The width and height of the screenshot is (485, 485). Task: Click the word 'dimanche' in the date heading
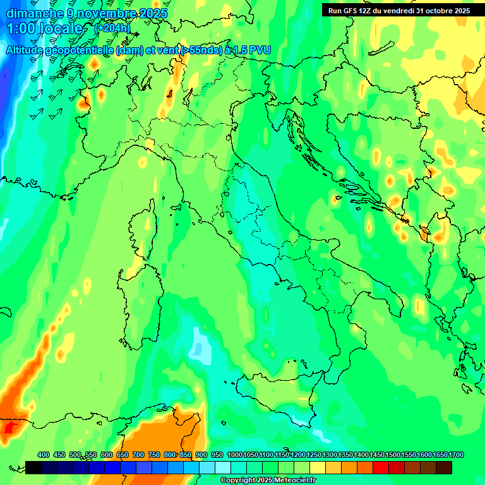(x=35, y=13)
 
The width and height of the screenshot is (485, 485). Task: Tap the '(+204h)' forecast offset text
(x=112, y=28)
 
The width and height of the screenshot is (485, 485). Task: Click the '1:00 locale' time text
(x=44, y=29)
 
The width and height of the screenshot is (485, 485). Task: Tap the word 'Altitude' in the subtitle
(x=31, y=50)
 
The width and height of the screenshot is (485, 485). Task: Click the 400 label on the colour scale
(x=44, y=455)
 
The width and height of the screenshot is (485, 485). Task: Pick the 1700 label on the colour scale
(x=440, y=455)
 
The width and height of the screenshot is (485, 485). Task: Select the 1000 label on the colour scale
(x=235, y=455)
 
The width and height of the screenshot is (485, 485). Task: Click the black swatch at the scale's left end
(x=33, y=467)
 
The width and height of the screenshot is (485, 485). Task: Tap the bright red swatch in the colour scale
(x=381, y=467)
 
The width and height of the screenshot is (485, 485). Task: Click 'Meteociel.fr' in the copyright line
(x=294, y=481)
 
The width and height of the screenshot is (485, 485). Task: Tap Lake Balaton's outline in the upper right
(x=381, y=50)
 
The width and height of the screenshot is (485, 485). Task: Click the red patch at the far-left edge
(x=9, y=428)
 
